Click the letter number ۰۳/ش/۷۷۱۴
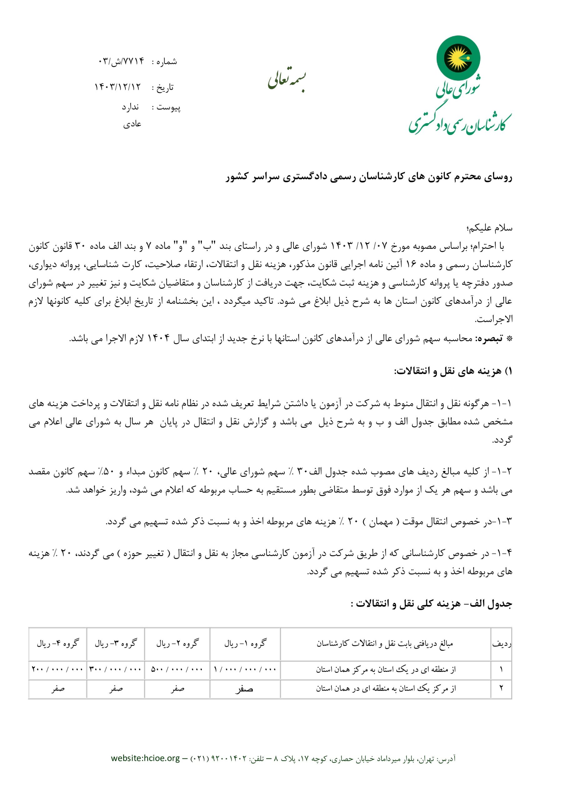click(x=121, y=62)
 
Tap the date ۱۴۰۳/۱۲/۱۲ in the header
click(x=118, y=87)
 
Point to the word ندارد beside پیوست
click(x=130, y=107)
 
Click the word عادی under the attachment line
click(x=132, y=124)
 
